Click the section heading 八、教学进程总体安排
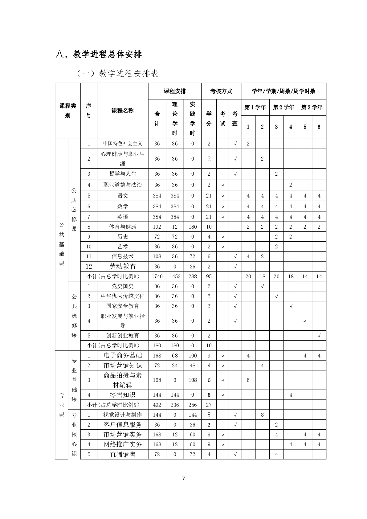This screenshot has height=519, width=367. (99, 55)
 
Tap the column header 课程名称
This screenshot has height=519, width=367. (122, 111)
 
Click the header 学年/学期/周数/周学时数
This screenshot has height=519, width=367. (283, 91)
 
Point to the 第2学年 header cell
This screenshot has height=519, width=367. (283, 108)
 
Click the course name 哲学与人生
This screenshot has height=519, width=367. (122, 174)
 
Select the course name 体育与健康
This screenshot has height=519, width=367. (122, 227)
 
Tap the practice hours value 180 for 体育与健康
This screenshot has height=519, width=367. (193, 227)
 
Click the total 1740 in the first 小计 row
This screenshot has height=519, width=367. (157, 276)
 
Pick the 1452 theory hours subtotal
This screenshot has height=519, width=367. (175, 276)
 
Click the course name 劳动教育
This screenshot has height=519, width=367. (122, 267)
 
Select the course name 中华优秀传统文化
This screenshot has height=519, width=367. (122, 296)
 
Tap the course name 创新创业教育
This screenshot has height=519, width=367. (122, 336)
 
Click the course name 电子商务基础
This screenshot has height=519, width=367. (122, 355)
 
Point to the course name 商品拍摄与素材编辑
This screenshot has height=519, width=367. (122, 380)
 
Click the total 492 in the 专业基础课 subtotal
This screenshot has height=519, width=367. (157, 405)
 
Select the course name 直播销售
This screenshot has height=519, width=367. (122, 455)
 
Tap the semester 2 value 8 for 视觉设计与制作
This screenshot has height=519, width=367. (262, 415)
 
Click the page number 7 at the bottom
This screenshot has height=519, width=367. (184, 479)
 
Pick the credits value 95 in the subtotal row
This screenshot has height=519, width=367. (209, 276)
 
